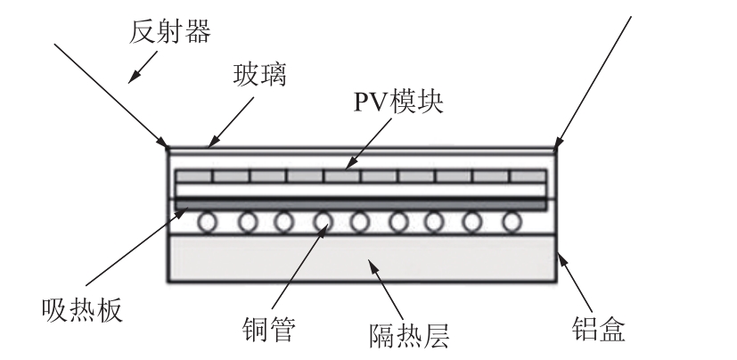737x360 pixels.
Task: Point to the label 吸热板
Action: point(80,309)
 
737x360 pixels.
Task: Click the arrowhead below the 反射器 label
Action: point(135,75)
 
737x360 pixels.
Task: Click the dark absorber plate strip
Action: point(361,204)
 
